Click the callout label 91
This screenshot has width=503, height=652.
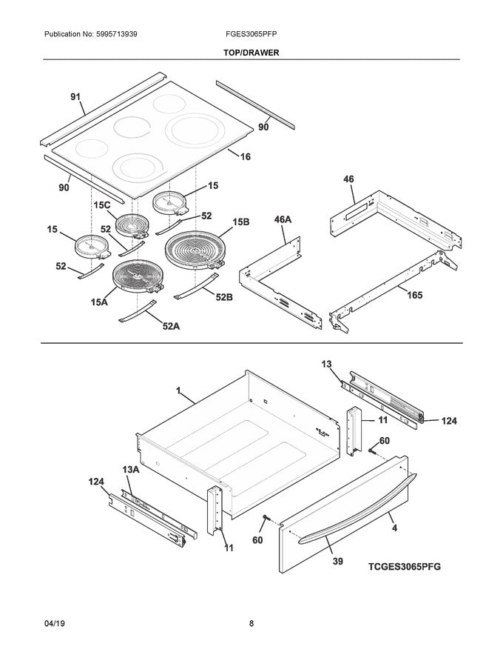point(76,97)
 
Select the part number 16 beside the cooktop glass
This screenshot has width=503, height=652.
point(246,156)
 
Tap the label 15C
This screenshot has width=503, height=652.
point(101,204)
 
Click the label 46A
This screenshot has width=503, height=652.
point(283,220)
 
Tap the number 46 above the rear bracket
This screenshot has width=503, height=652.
point(349,179)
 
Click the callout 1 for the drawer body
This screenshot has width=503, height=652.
point(179,390)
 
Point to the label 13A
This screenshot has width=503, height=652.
point(131,470)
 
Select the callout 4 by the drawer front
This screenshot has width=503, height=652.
point(394,528)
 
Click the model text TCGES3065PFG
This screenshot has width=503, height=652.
point(405,566)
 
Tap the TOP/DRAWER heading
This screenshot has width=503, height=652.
point(251,53)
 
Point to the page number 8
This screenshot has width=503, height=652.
point(251,623)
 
